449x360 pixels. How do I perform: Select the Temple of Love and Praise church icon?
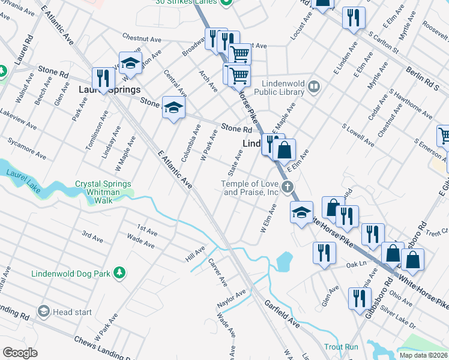coord(288,187)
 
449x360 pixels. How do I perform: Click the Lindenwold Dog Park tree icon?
coord(119,273)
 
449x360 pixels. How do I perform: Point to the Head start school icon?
coord(43,311)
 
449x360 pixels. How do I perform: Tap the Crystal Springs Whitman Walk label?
coord(105,190)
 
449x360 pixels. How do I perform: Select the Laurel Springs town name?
coord(109,90)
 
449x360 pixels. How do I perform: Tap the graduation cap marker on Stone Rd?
coord(173,108)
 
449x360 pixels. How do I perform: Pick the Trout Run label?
coord(341,347)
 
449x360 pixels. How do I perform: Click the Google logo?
coord(20,353)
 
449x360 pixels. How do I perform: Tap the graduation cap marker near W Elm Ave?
coord(301,212)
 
